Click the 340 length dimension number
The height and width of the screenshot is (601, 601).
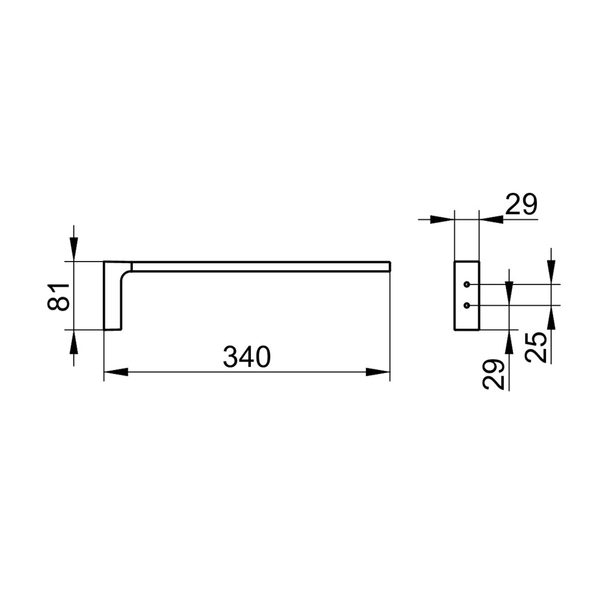[247, 357]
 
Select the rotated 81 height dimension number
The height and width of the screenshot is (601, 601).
[59, 296]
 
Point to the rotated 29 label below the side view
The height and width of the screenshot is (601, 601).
[493, 375]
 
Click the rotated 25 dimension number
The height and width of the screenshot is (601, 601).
[536, 347]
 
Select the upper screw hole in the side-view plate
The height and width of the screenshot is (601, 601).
[466, 284]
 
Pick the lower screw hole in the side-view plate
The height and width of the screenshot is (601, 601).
[466, 305]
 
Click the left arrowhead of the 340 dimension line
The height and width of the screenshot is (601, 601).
[116, 372]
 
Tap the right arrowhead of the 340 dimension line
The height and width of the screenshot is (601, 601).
[378, 372]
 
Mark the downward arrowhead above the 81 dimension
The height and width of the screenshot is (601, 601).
[74, 250]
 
